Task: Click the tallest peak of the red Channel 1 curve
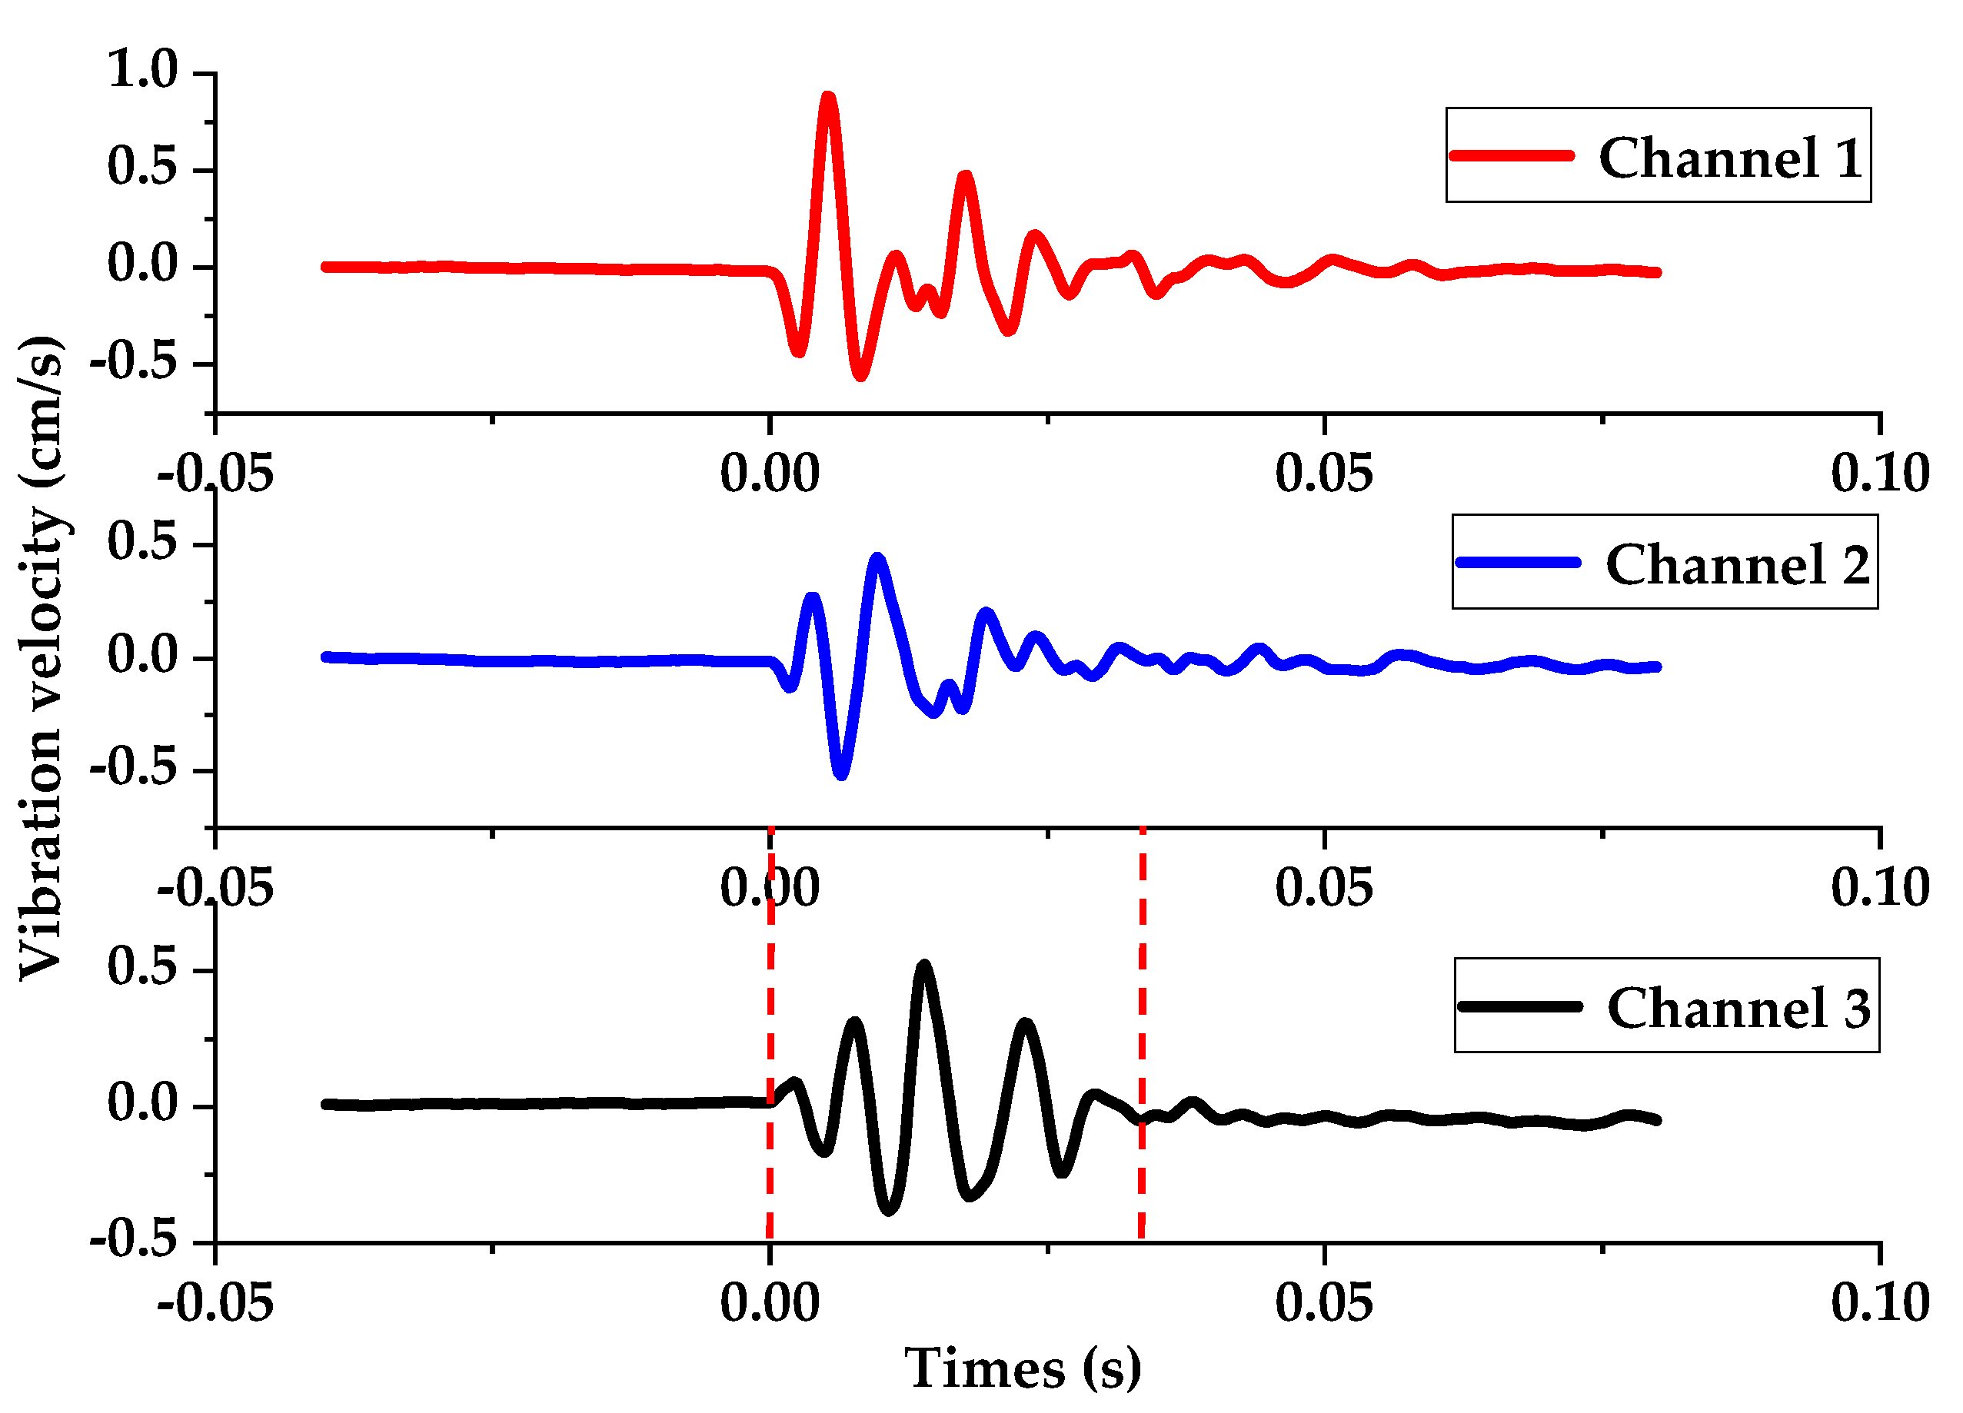point(828,98)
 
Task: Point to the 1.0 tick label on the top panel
point(143,69)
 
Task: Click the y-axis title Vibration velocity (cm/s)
point(42,657)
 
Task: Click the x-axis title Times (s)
point(1023,1370)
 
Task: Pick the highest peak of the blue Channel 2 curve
point(877,559)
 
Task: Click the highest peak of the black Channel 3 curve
point(924,966)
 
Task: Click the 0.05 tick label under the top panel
point(1324,474)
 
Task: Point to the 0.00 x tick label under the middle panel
point(770,888)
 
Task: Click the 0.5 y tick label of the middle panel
point(143,542)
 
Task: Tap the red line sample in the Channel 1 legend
point(1511,156)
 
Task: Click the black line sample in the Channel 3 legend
point(1520,1006)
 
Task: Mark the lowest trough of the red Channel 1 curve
point(860,374)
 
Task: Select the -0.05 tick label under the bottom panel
point(215,1302)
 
